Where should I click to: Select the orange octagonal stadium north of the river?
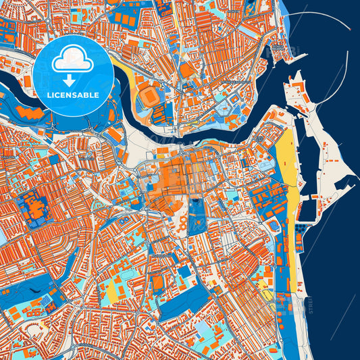click(x=148, y=97)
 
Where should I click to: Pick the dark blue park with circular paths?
click(x=197, y=216)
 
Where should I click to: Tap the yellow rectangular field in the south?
click(x=109, y=290)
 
